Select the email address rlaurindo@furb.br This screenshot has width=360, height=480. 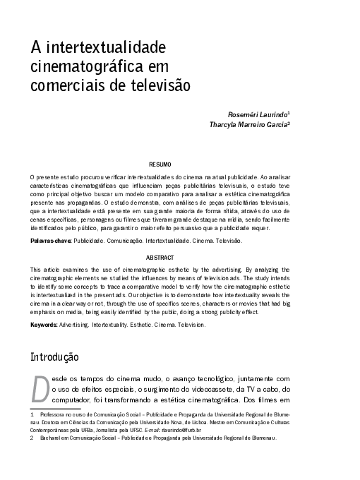(182, 429)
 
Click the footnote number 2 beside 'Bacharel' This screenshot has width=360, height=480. (32, 438)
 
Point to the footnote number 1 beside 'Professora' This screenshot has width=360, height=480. (32, 412)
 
